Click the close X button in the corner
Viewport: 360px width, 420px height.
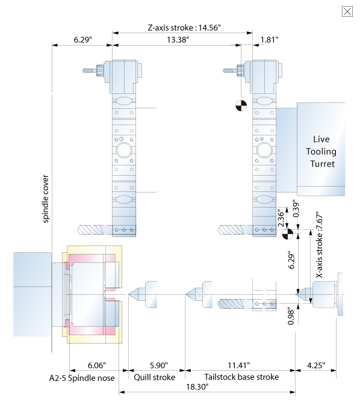coord(347,11)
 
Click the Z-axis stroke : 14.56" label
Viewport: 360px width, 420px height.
coord(184,28)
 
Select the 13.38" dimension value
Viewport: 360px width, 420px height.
coord(178,40)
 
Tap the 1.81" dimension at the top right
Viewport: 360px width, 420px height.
coord(269,40)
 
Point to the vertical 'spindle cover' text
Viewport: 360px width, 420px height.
coord(46,199)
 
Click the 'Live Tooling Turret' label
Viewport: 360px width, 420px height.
coord(321,152)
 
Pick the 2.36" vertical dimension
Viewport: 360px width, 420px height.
coord(281,218)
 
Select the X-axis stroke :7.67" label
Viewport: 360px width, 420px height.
coord(319,246)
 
